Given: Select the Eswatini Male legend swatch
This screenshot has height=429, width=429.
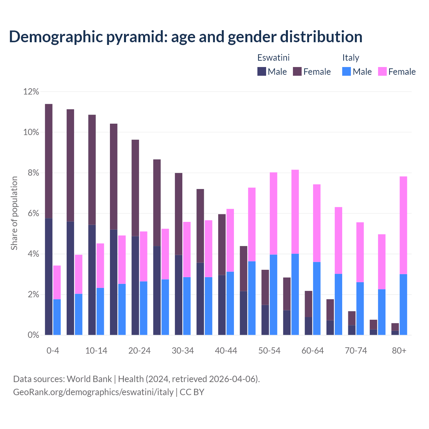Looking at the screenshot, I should pyautogui.click(x=261, y=71).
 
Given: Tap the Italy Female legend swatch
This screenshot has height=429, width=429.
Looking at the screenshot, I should pyautogui.click(x=382, y=71).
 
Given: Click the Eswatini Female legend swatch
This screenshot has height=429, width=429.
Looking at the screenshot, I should pyautogui.click(x=297, y=71).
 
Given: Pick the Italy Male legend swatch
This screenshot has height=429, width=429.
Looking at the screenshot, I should pyautogui.click(x=347, y=71).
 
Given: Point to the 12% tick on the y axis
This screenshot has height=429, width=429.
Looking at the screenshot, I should pyautogui.click(x=31, y=91).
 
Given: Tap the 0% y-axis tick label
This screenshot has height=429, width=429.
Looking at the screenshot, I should pyautogui.click(x=33, y=335).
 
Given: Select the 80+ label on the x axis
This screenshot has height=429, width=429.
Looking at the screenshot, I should pyautogui.click(x=399, y=351).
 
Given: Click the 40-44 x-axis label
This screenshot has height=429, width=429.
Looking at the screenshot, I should pyautogui.click(x=226, y=351).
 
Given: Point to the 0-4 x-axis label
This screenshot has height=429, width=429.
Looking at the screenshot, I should pyautogui.click(x=53, y=351).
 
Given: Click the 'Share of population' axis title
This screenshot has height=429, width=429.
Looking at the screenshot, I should pyautogui.click(x=14, y=213).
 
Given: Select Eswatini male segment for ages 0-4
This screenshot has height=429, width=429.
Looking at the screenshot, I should pyautogui.click(x=49, y=277).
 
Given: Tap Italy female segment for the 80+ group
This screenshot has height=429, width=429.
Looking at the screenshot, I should pyautogui.click(x=404, y=225).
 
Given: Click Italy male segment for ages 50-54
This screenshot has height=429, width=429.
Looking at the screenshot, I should pyautogui.click(x=273, y=295).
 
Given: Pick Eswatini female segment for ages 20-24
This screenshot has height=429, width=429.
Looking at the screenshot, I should pyautogui.click(x=135, y=188).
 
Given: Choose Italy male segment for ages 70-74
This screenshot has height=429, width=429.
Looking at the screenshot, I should pyautogui.click(x=360, y=308).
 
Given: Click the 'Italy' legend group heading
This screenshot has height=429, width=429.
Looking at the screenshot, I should pyautogui.click(x=351, y=58).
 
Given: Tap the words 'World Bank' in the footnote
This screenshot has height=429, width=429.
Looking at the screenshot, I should pyautogui.click(x=89, y=379).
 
